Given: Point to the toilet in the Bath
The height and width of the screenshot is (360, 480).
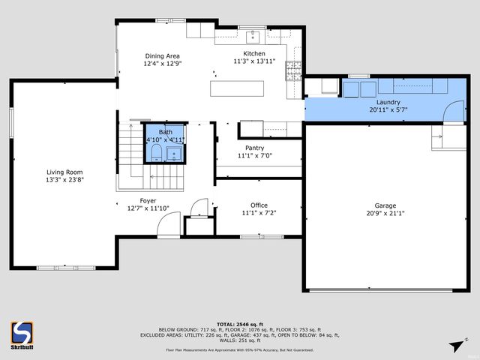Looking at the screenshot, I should pos(155,154).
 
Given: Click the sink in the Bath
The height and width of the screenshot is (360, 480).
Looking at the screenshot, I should pos(175,154).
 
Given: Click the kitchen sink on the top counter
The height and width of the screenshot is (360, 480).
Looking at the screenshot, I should pos(253,34).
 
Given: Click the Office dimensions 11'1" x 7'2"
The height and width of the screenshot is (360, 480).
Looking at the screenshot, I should pos(259,214).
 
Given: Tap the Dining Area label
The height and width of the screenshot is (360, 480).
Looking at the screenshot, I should pos(162,56).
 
